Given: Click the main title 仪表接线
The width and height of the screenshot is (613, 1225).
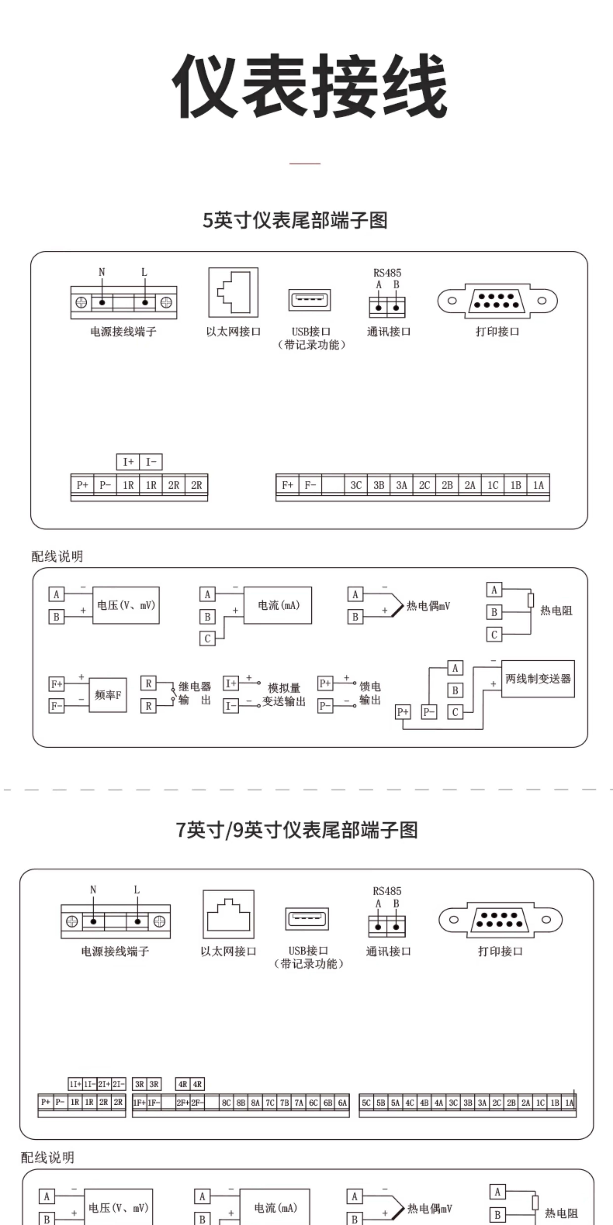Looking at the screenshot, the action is pos(309,86).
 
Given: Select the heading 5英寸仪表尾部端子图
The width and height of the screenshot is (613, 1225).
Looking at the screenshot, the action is pos(295,220).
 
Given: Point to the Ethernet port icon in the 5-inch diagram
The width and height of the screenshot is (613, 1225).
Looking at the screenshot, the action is pos(233,292).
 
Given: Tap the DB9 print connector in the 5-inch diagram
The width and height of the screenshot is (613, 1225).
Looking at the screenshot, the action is pos(497,301).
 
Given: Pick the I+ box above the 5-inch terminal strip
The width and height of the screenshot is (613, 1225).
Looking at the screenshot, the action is pos(128,462).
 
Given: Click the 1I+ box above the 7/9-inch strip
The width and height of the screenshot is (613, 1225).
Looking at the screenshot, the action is pos(75,1084).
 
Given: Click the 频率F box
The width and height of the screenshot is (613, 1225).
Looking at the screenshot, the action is pos(108,695).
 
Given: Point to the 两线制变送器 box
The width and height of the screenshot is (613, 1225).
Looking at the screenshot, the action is pos(538,679).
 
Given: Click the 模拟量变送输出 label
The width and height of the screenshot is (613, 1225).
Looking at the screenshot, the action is pos(284,695).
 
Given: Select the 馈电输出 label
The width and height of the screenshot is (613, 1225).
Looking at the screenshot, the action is pos(370,693).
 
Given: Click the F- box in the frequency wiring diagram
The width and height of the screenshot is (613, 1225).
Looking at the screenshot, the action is pos(56,706).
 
